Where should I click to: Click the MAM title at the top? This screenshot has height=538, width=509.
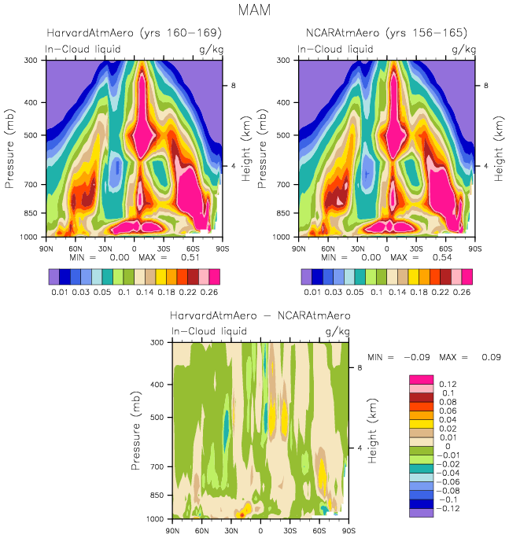[x=254, y=10]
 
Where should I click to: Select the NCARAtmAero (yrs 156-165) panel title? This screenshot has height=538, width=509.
[x=386, y=33]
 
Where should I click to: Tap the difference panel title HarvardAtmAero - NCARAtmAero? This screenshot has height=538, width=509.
[x=260, y=315]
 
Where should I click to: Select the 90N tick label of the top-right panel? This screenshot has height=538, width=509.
[x=298, y=247]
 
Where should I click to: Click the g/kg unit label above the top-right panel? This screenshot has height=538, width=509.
[x=465, y=50]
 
